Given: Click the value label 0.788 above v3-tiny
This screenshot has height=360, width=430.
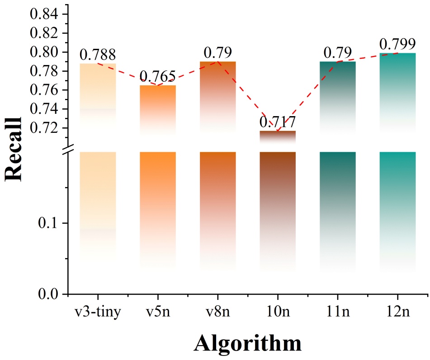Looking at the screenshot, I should coord(98,55).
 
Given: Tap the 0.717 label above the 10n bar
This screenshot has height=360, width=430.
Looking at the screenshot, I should coord(277,122).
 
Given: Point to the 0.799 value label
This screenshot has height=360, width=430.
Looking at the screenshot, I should coord(397,44).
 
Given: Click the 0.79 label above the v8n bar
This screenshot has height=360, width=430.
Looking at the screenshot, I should coord(217,53).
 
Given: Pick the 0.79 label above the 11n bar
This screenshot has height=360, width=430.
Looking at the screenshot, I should coord(337,53).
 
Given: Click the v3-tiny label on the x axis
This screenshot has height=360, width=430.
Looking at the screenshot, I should coord(98,312).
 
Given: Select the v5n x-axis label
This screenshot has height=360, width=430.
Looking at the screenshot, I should coord(157,312).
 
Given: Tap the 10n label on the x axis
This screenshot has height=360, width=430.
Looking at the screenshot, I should coord(277,312).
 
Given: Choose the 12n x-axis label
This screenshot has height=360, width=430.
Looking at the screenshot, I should coord(397,312).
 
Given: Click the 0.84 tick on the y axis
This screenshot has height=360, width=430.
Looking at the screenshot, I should coord(44,14).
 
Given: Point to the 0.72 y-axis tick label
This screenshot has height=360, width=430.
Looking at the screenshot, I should coord(44,128).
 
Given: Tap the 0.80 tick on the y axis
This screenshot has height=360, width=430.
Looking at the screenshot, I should coord(44,52).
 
